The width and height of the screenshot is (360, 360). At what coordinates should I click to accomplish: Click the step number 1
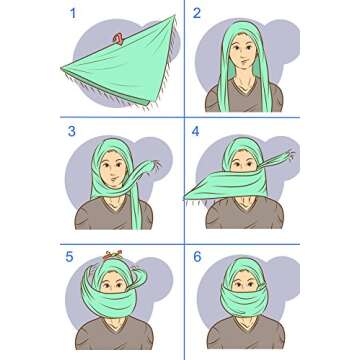point(71,14)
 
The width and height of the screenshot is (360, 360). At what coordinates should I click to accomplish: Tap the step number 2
point(197,14)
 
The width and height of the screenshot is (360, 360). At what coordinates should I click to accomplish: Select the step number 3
point(71,132)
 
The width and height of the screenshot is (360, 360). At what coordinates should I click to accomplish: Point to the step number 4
point(197,132)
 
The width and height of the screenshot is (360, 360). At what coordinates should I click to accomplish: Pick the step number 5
point(71,257)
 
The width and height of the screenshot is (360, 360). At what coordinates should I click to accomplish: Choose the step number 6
point(197,257)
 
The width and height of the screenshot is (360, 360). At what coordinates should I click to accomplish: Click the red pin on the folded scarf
point(119,40)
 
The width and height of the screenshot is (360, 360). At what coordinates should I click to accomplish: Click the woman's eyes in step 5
point(113,285)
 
